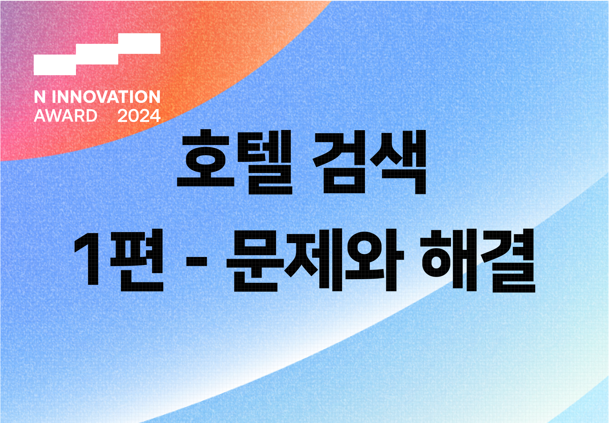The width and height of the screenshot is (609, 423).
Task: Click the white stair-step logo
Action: pyautogui.click(x=97, y=54)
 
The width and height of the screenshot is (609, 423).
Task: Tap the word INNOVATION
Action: pyautogui.click(x=106, y=97)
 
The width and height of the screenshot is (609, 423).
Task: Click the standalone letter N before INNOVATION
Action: pyautogui.click(x=40, y=97)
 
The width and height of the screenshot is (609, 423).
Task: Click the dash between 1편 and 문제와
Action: pyautogui.click(x=196, y=261)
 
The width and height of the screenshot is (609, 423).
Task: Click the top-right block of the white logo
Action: pyautogui.click(x=139, y=44)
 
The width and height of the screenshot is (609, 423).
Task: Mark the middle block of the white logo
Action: pyautogui.click(x=97, y=54)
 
